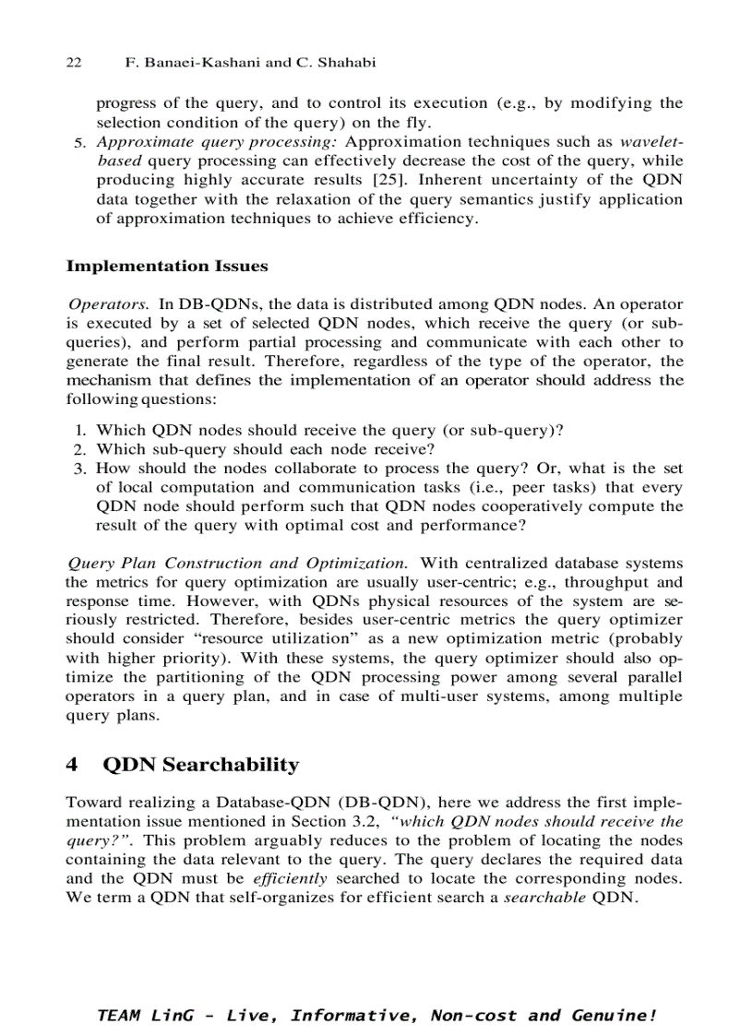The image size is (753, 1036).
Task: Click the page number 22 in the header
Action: click(74, 63)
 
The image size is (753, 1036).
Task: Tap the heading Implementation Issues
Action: click(167, 267)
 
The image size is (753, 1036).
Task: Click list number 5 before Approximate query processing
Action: click(80, 143)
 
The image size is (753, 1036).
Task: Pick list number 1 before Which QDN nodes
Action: click(80, 431)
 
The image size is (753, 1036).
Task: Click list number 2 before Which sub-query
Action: click(80, 449)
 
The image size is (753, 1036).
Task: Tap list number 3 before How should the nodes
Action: click(80, 469)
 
